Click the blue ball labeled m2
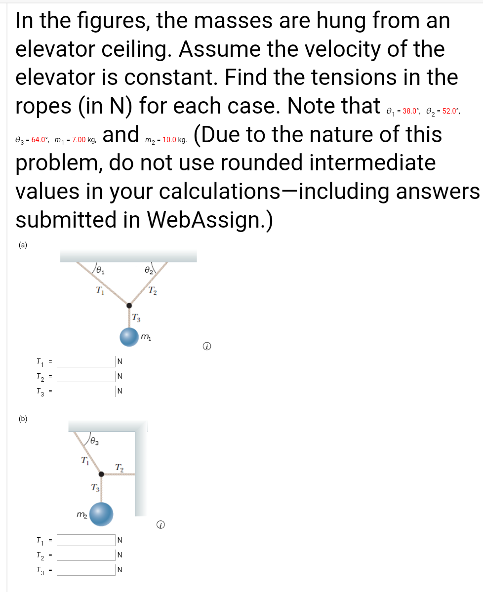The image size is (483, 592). click(x=101, y=513)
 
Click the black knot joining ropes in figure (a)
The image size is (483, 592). click(x=129, y=306)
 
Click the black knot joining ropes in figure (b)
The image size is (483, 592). click(x=101, y=474)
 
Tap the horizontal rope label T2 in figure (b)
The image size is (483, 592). click(x=119, y=467)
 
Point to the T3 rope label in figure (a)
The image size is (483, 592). click(x=136, y=317)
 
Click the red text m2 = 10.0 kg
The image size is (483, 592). click(x=166, y=141)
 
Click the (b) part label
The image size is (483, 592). click(x=23, y=419)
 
